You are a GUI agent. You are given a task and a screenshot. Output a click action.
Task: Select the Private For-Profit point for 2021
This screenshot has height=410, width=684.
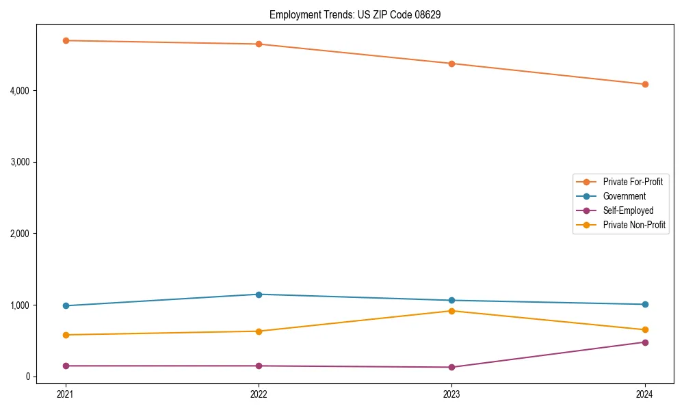[66, 40]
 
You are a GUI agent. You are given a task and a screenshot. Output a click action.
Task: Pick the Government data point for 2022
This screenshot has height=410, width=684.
[259, 295]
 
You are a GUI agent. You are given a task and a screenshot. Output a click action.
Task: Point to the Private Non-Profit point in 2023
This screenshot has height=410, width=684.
[452, 311]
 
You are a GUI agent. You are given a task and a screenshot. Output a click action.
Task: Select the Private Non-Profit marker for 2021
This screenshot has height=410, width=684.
[66, 335]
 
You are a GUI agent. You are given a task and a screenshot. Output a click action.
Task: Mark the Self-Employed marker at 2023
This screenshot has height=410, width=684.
[452, 367]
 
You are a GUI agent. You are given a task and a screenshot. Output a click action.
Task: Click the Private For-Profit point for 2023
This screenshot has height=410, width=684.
[452, 64]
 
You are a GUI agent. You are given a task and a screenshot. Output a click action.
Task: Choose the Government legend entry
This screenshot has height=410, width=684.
[624, 196]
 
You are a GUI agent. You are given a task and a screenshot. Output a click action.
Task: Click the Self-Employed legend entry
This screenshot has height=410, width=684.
[628, 210]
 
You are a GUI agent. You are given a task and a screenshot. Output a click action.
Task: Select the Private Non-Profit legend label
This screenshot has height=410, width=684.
[634, 225]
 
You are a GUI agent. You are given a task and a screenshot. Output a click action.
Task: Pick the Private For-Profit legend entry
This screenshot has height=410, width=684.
[632, 182]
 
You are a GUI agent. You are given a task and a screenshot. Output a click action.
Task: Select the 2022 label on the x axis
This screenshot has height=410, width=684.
[259, 394]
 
